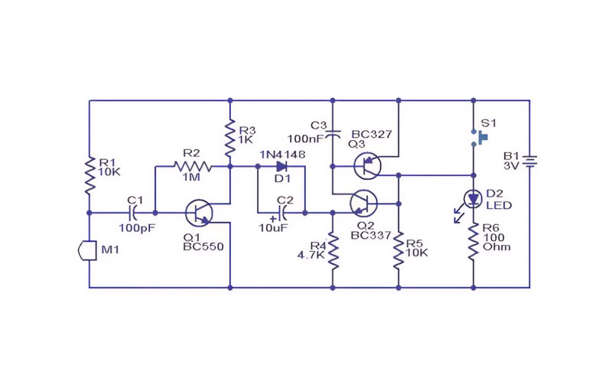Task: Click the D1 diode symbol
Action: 282,166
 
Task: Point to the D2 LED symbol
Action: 473,199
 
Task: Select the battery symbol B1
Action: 529,161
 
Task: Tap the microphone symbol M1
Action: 87,250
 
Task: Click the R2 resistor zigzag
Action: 193,167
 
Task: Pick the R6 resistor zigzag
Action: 474,241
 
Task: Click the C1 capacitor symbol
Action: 132,213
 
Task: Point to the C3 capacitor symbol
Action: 333,134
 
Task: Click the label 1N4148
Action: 282,155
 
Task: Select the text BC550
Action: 203,246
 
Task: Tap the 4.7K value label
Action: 311,255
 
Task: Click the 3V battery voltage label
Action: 511,166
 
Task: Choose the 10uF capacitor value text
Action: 273,228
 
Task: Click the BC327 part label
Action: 372,134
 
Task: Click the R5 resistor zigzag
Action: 399,250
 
